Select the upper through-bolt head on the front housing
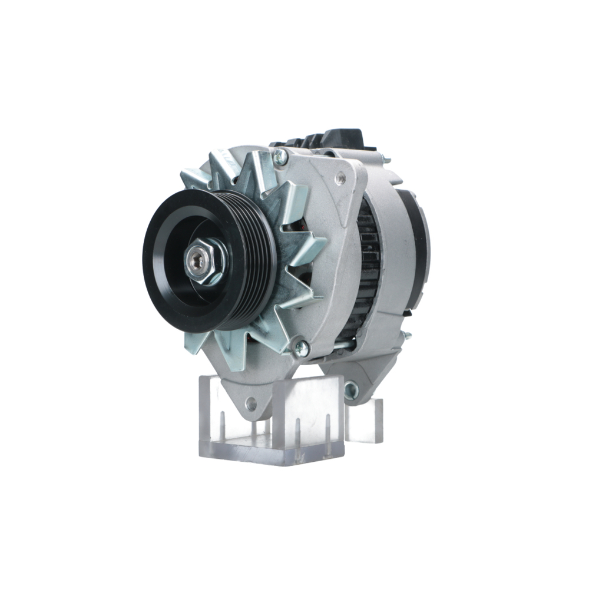(280, 156)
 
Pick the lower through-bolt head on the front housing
(301, 349)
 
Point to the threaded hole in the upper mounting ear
(340, 176)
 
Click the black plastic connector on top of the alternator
(348, 139)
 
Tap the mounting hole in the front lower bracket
(252, 404)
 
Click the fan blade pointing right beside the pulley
(309, 247)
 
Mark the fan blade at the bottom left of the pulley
(197, 342)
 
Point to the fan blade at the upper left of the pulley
(194, 177)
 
